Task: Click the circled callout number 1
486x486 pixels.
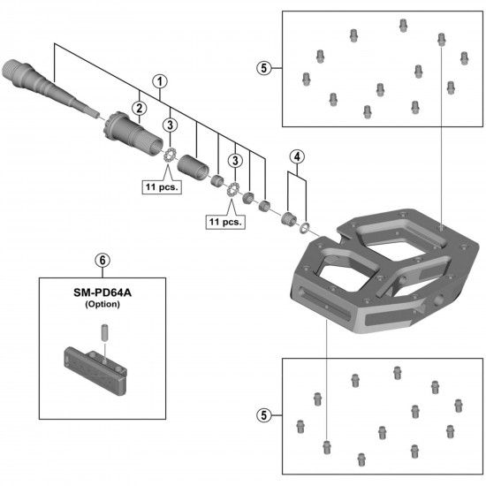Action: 160,80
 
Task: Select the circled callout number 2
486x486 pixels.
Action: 139,108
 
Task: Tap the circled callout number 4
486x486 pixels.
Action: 297,156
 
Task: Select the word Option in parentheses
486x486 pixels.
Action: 102,304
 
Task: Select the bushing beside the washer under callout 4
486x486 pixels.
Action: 289,217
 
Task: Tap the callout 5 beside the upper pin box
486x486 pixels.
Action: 262,66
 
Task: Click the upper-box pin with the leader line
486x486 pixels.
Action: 441,39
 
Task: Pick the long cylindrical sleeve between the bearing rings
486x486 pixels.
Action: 192,164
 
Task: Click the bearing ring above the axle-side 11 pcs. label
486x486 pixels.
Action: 169,156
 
